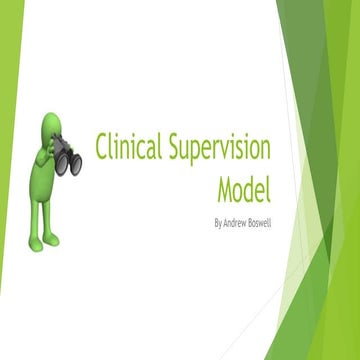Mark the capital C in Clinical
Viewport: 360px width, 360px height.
(x=101, y=147)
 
